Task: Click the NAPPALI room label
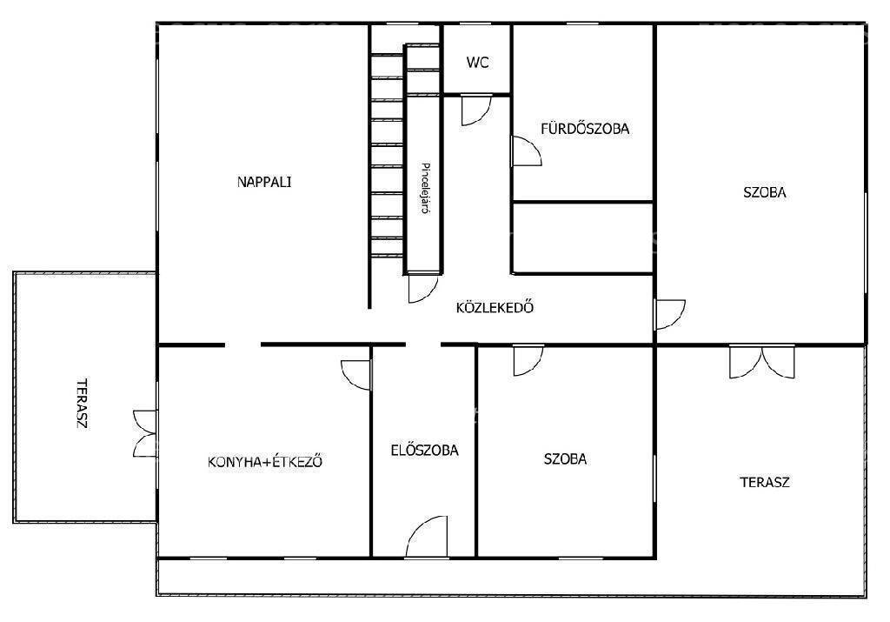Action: (264, 182)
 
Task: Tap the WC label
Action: (477, 63)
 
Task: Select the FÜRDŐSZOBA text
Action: (585, 129)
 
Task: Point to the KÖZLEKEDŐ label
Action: (495, 307)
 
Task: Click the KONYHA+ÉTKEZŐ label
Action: (265, 461)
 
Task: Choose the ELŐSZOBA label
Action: (424, 450)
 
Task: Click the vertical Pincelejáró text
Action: (424, 188)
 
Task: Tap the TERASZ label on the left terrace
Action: (83, 404)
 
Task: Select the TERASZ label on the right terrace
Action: (765, 482)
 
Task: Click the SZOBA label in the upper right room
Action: (765, 192)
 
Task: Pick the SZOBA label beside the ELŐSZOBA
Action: (565, 458)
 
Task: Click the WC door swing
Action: (475, 110)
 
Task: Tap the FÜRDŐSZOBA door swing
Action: (526, 151)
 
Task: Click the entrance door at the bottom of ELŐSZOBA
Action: (427, 536)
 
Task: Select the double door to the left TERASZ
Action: (145, 433)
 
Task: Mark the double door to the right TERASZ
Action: (762, 362)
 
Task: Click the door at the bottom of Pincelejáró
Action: (423, 289)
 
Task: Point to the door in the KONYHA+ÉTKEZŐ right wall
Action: (355, 375)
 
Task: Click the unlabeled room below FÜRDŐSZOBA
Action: (583, 237)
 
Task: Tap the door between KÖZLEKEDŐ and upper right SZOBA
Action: (670, 314)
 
